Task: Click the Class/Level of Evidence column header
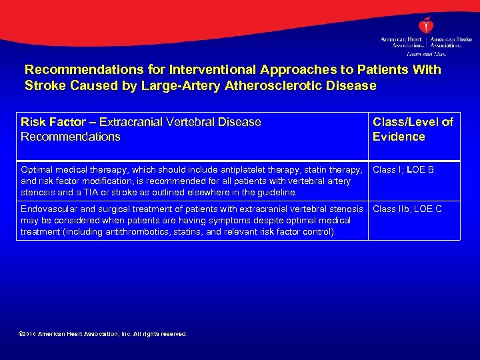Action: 413,129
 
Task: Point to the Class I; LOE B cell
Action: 403,170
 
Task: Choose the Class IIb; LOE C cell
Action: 407,209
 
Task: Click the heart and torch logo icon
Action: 425,26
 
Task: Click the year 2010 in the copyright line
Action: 30,334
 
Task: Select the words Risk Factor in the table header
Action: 50,122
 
